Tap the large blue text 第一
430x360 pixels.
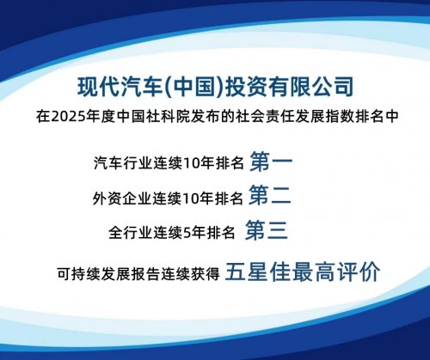270,160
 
